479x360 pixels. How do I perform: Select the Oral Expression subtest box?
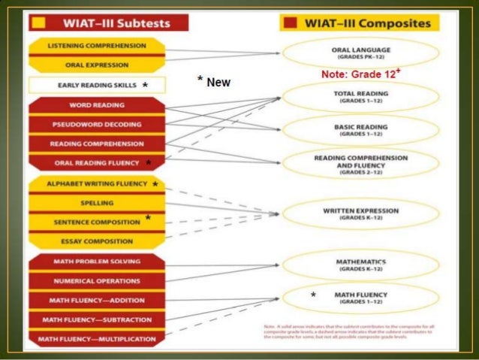tap(97, 65)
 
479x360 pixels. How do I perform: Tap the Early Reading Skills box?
tap(97, 85)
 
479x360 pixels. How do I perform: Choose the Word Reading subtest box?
tap(97, 104)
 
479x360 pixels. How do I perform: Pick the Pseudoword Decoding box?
tap(97, 124)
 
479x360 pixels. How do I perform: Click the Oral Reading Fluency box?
tap(97, 162)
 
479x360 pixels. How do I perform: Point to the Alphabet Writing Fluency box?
tap(97, 183)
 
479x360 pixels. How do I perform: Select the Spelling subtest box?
tap(97, 203)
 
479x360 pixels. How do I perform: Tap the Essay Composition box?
tap(97, 241)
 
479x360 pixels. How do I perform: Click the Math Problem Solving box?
tap(97, 262)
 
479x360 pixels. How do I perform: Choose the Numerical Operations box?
tap(97, 281)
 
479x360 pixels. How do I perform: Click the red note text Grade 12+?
tap(361, 74)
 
